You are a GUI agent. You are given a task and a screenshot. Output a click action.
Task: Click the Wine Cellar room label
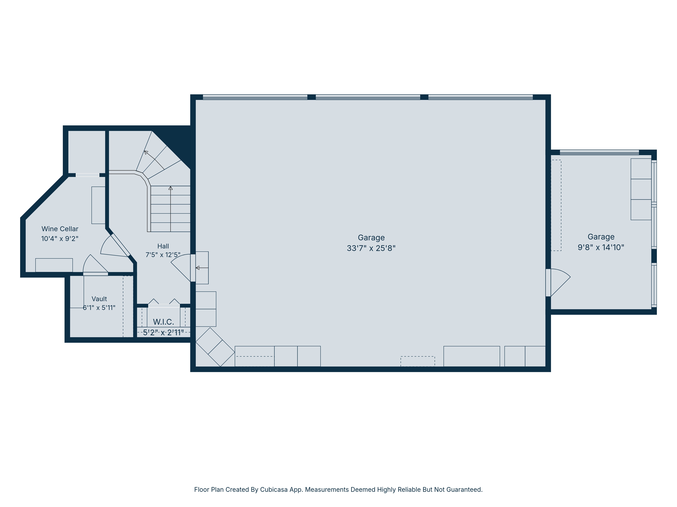(x=60, y=229)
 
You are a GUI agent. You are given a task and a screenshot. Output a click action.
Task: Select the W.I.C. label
(x=163, y=322)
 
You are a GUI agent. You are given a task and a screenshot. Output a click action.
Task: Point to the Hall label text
(x=163, y=246)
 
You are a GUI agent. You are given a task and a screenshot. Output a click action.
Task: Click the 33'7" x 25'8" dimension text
(x=371, y=248)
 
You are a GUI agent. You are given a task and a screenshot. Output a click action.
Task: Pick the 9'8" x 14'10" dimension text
(x=601, y=247)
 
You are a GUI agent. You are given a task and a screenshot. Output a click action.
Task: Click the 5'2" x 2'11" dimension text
(x=163, y=332)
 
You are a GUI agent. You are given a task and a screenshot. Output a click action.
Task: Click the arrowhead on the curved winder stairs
(x=146, y=152)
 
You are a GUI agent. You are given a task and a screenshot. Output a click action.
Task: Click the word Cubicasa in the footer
(x=274, y=490)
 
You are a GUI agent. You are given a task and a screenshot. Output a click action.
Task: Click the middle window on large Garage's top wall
(x=368, y=97)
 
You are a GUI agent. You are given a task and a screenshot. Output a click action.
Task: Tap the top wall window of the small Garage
(x=599, y=152)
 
